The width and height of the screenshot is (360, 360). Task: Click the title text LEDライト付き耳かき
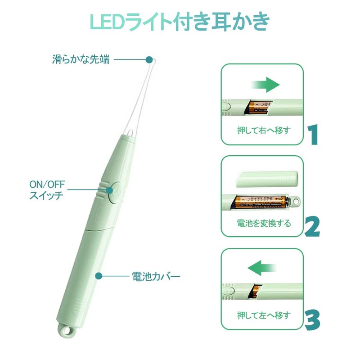tap(180, 21)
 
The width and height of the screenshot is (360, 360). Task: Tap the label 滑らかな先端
tap(81, 59)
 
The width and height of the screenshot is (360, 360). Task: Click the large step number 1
tap(313, 134)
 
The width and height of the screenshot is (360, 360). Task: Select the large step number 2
tap(312, 227)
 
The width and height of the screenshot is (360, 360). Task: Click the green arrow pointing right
tap(265, 84)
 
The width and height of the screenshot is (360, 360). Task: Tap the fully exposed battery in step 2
tap(261, 202)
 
